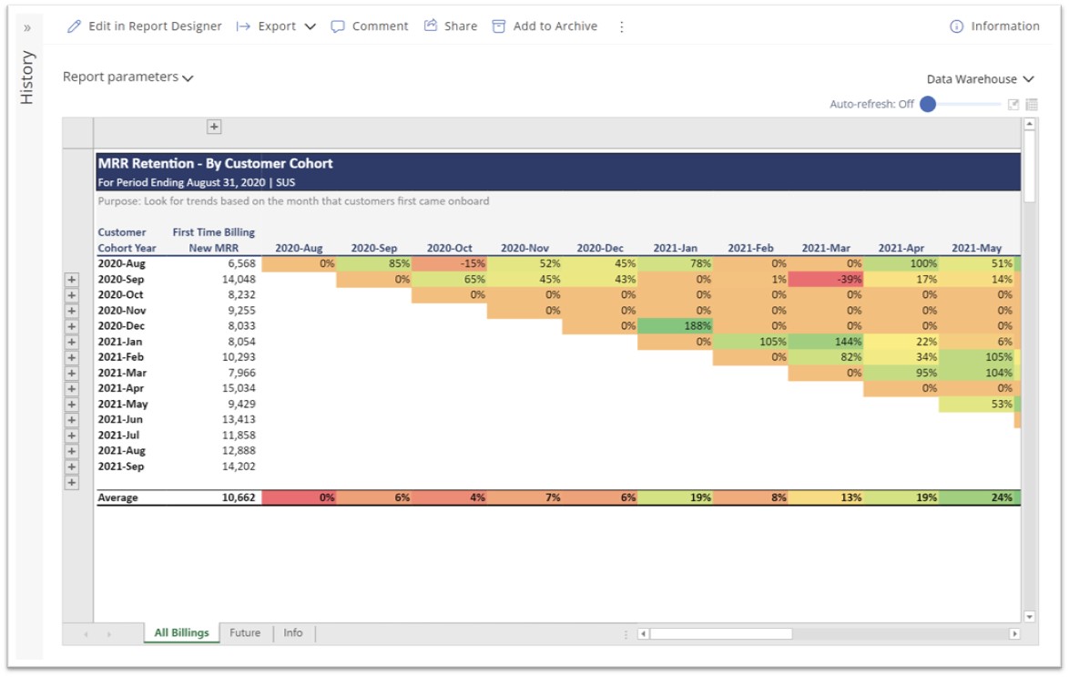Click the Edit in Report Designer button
click(x=145, y=26)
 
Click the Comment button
click(x=370, y=26)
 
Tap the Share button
click(x=451, y=26)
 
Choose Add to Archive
click(x=545, y=26)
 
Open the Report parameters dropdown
click(x=127, y=77)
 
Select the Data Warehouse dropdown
click(x=980, y=79)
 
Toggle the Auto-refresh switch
click(x=928, y=104)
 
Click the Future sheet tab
click(x=245, y=632)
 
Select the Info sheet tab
click(x=293, y=632)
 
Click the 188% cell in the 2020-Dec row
click(x=674, y=326)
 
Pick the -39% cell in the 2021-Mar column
click(x=824, y=279)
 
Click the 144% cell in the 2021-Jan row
click(x=824, y=342)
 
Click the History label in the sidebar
click(x=27, y=77)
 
